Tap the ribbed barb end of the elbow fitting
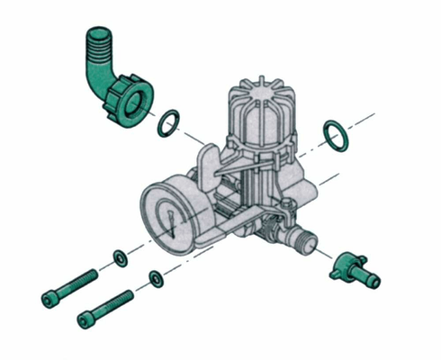pyautogui.click(x=96, y=44)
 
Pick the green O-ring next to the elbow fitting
pyautogui.click(x=166, y=122)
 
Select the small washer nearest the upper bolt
pyautogui.click(x=119, y=260)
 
